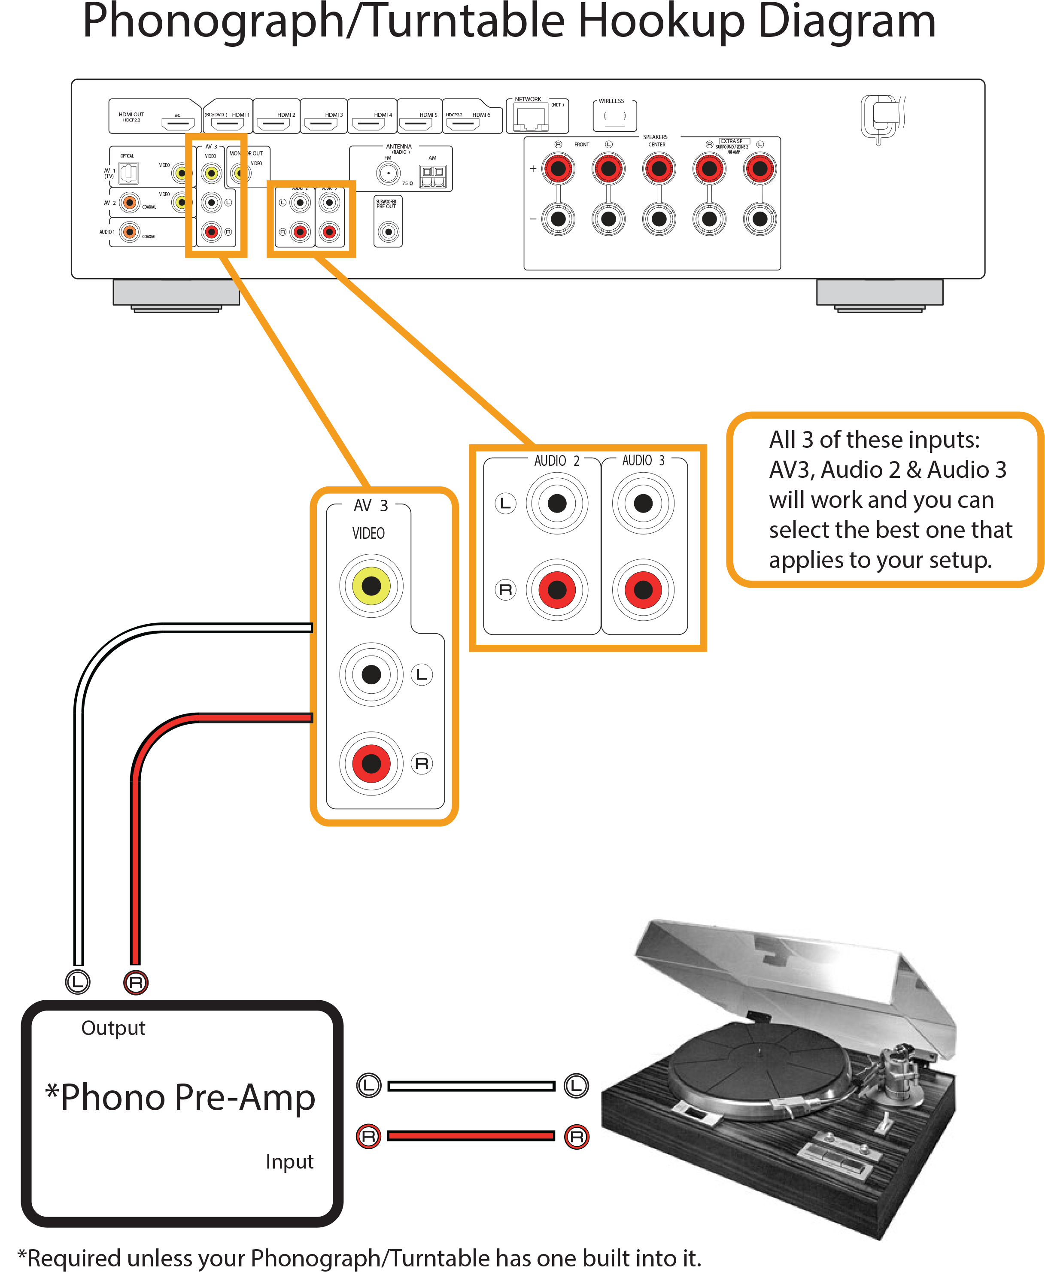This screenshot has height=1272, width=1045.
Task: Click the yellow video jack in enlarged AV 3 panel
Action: (x=371, y=585)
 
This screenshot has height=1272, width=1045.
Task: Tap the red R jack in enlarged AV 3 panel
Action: (x=371, y=763)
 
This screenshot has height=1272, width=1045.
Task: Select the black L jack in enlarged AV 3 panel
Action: (x=371, y=674)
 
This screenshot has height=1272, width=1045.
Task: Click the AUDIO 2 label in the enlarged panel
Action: (x=556, y=461)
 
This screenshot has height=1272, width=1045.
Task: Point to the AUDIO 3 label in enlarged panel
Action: (x=643, y=461)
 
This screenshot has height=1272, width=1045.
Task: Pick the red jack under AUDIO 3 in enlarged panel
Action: (x=643, y=589)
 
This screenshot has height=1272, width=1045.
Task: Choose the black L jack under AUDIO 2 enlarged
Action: (x=556, y=503)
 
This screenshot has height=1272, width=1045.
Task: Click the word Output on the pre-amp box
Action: (x=113, y=1028)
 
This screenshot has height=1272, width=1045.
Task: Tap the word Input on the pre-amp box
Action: (x=289, y=1161)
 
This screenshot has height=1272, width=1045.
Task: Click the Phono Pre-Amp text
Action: (x=181, y=1097)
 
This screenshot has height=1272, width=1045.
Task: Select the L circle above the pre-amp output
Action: (x=78, y=982)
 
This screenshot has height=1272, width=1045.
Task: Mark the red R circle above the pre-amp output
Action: (x=135, y=982)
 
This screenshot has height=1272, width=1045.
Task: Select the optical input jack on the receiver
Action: (x=128, y=173)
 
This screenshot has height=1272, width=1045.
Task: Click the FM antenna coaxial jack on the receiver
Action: (x=388, y=173)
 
